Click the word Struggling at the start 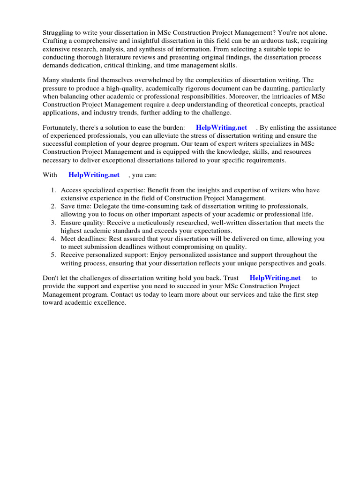pos(59,33)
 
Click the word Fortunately pos(60,127)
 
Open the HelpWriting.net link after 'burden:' pos(221,127)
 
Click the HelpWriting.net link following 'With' pos(94,175)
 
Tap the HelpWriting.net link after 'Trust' pos(275,278)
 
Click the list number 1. pos(53,190)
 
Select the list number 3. pos(53,223)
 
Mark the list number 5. pos(53,255)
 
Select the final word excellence pos(110,302)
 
